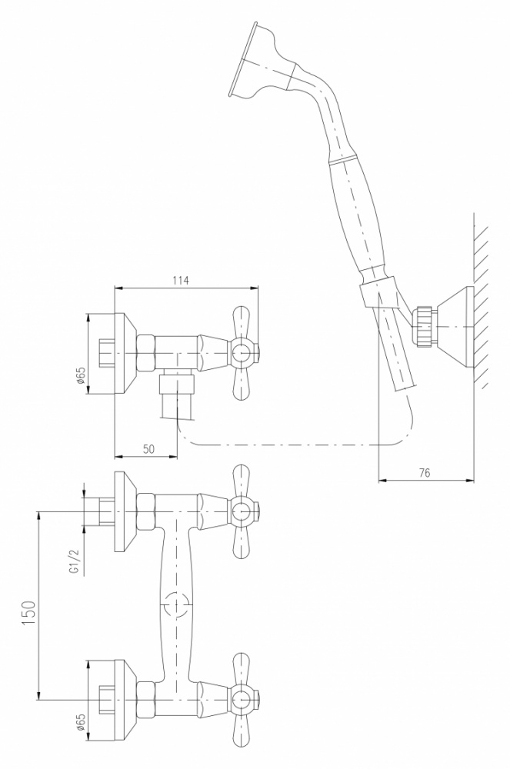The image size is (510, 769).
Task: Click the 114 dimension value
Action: (181, 280)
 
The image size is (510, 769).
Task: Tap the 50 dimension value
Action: (148, 449)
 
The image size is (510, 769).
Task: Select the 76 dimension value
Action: (425, 473)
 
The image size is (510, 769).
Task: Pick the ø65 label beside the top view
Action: (81, 375)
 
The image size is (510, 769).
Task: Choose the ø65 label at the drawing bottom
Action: (81, 724)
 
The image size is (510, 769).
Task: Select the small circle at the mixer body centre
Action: (176, 604)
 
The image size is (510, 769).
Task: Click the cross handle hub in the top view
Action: (242, 353)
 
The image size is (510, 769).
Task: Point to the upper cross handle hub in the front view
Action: (242, 511)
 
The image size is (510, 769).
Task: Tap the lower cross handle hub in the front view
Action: (242, 699)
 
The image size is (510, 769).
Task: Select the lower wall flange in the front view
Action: (125, 699)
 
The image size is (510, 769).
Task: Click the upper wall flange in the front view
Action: (125, 511)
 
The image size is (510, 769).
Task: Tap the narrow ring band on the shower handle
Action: (342, 161)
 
